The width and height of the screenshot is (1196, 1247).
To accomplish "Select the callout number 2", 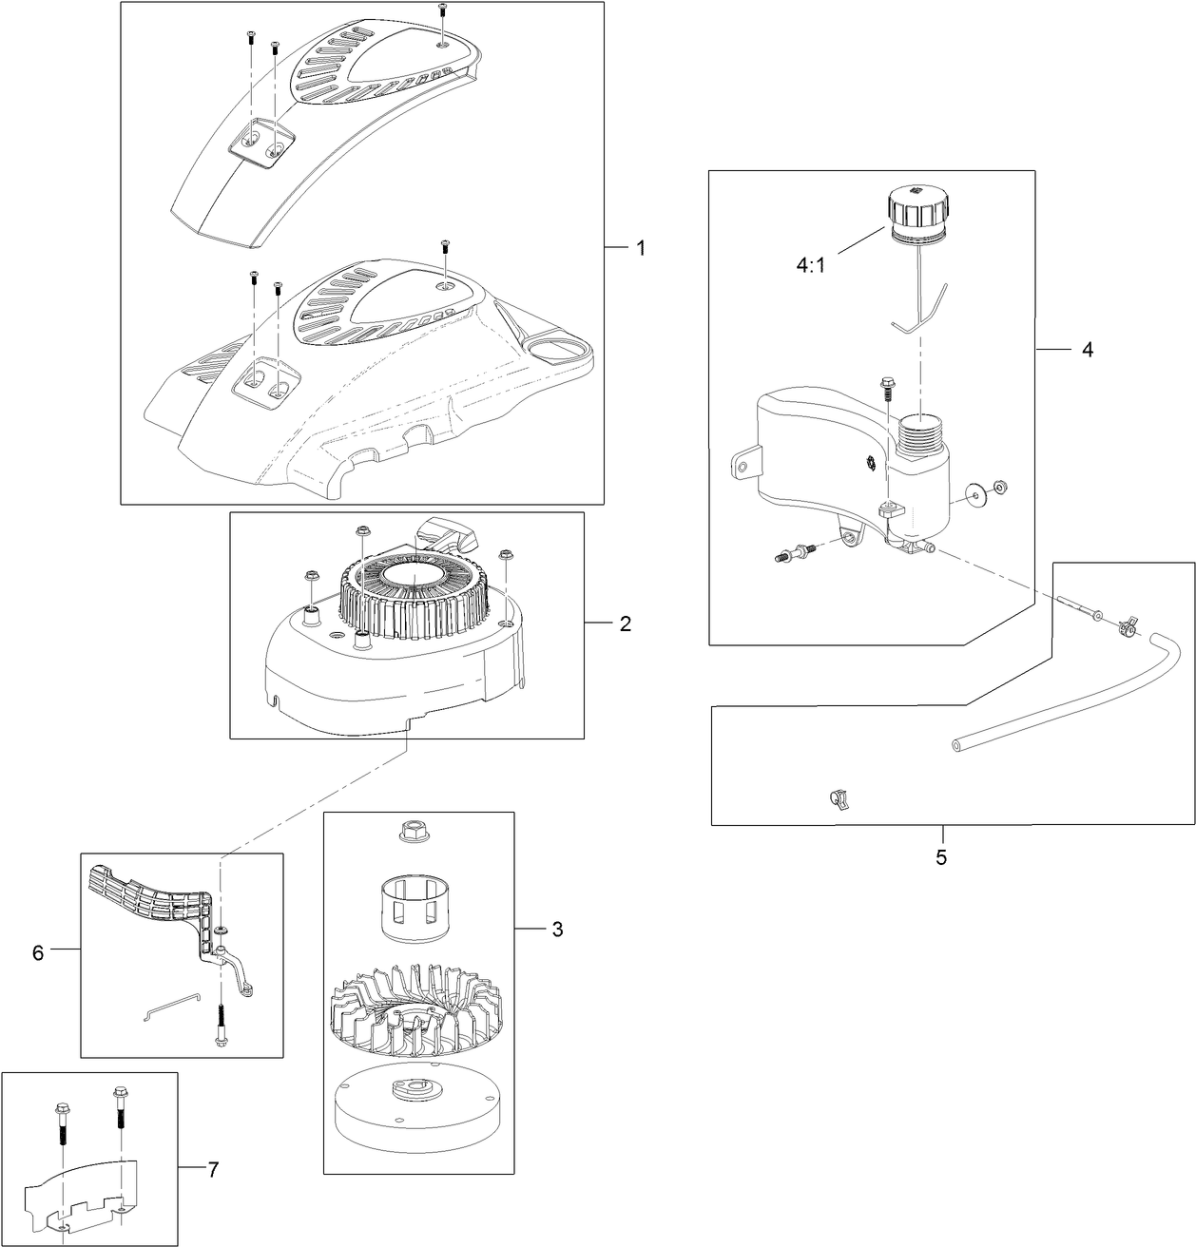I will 625,623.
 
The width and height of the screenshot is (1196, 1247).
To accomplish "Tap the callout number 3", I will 557,929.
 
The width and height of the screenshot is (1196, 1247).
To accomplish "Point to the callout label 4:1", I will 810,265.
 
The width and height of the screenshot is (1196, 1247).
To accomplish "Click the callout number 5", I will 941,857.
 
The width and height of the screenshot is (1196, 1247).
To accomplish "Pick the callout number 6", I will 38,952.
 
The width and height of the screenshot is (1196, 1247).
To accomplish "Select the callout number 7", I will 212,1170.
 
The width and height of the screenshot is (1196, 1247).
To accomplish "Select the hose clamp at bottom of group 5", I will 839,798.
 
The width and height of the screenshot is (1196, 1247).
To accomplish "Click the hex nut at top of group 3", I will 412,833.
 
